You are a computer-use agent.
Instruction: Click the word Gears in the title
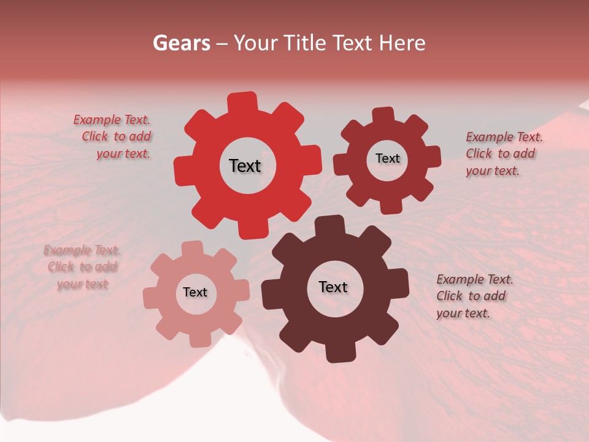point(181,43)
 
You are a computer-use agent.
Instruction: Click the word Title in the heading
point(306,43)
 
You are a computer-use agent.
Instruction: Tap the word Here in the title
point(402,43)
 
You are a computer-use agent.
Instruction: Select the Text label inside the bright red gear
point(245,166)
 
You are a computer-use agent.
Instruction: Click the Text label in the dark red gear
point(387,158)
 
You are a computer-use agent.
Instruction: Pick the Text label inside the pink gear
point(195,292)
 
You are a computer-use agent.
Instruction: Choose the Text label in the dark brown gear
point(333,287)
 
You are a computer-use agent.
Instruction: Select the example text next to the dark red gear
point(502,153)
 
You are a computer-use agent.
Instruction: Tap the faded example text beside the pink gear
point(82,267)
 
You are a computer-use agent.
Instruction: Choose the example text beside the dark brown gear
point(474,296)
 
